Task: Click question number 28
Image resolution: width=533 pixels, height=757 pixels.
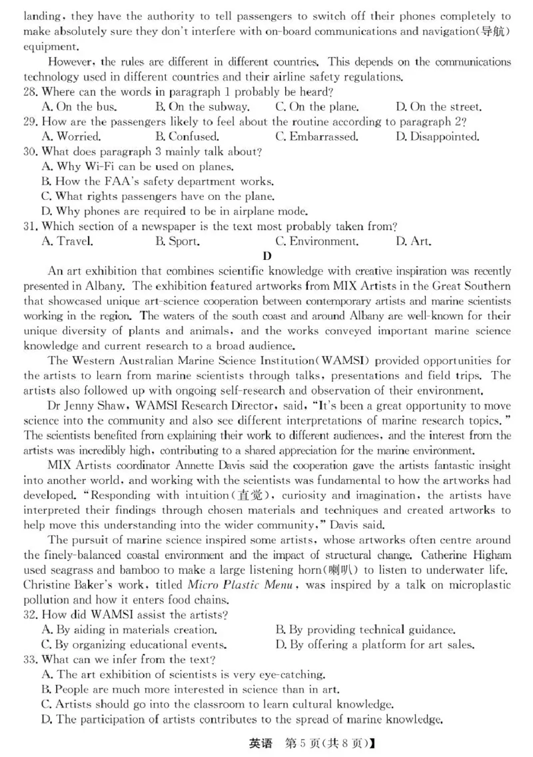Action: click(x=31, y=91)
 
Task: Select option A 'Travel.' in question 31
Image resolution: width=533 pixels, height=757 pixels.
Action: click(x=67, y=241)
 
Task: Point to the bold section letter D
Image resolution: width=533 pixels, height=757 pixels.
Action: click(x=267, y=257)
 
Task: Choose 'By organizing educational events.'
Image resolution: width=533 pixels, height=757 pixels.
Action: click(x=134, y=644)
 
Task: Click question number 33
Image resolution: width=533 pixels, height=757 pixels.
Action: click(x=31, y=659)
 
